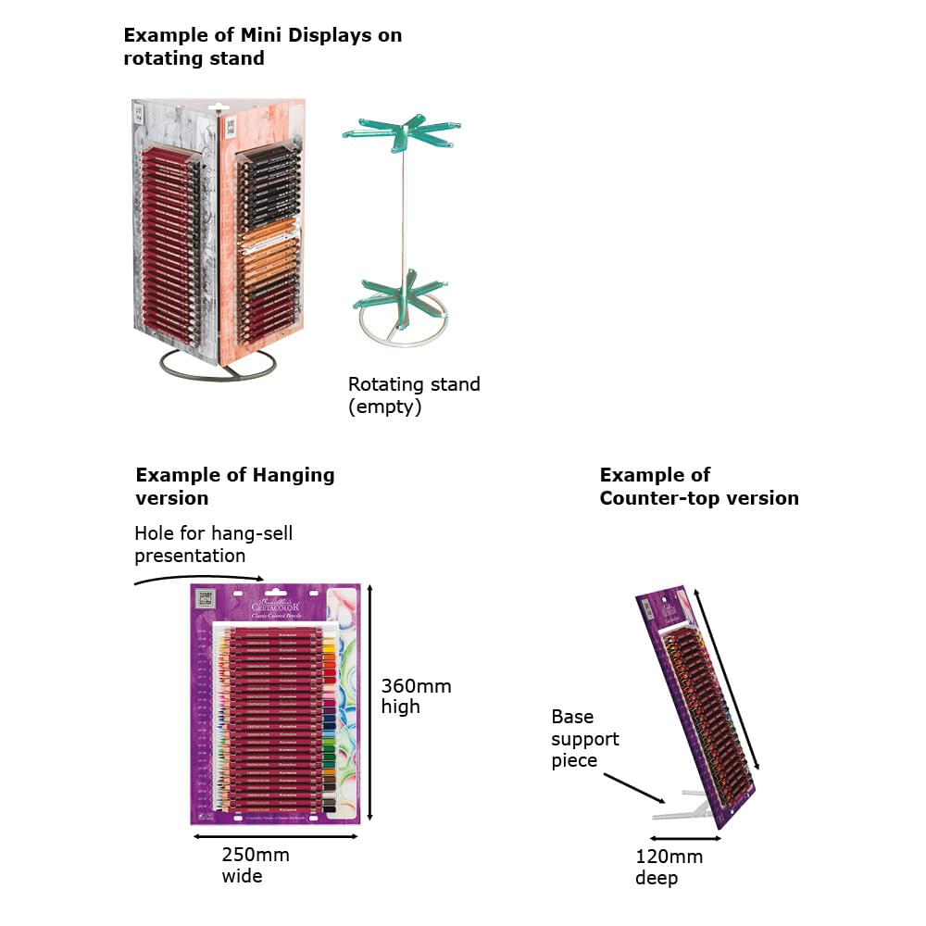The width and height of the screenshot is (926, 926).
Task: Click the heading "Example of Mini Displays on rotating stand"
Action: click(262, 46)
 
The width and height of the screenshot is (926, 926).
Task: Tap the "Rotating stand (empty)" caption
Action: click(414, 394)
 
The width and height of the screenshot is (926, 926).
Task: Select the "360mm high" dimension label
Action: click(416, 695)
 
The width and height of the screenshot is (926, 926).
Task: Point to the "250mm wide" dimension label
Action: click(255, 865)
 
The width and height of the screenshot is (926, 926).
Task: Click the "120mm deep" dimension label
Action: click(669, 867)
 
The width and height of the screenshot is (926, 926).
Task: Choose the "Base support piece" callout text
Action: click(585, 738)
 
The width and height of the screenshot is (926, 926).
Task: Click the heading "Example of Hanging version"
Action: click(234, 486)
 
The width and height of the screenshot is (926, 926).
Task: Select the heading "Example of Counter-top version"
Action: click(698, 486)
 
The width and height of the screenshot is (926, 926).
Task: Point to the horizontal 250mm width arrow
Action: click(275, 837)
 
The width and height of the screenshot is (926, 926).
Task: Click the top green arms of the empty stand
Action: click(403, 134)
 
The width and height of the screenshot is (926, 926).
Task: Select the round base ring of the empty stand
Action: click(404, 333)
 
